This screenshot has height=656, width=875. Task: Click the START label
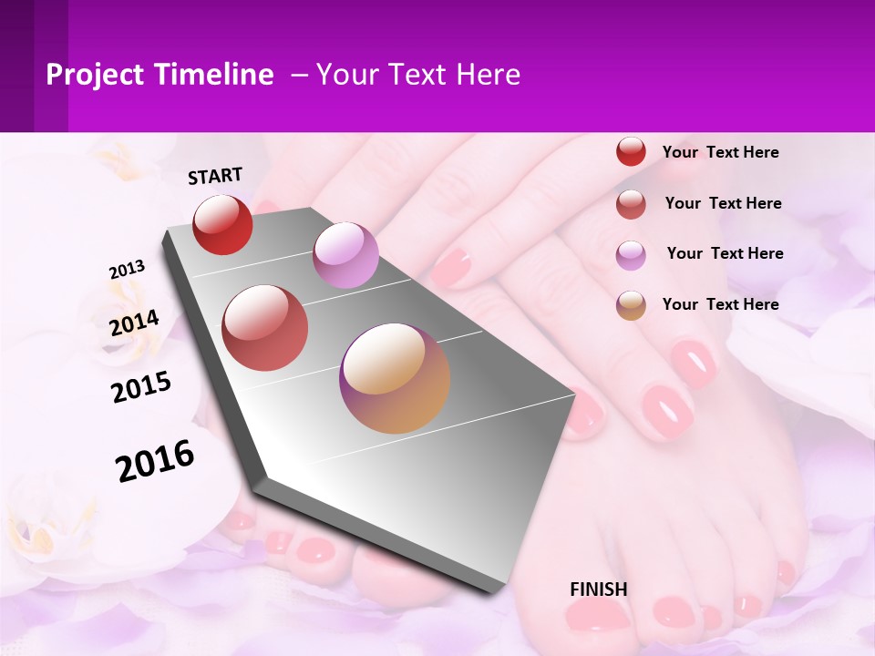click(215, 176)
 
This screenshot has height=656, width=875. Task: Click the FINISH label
click(599, 589)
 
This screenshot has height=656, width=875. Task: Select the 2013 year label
click(127, 270)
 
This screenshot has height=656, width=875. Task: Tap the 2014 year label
click(134, 323)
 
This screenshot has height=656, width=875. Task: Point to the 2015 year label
click(141, 386)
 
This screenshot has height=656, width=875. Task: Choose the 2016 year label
click(155, 461)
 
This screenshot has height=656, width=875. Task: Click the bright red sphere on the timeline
click(222, 224)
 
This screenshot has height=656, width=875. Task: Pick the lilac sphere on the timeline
click(345, 255)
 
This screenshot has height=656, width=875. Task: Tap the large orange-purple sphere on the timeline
click(395, 377)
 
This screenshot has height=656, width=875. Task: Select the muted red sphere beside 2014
click(265, 328)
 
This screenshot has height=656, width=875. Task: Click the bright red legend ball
click(631, 151)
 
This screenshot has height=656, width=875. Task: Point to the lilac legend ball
click(631, 255)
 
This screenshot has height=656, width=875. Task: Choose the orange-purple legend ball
click(631, 305)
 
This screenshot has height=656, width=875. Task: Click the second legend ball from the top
click(631, 204)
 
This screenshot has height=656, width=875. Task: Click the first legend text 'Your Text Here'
click(720, 152)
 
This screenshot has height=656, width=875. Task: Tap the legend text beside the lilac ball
click(725, 253)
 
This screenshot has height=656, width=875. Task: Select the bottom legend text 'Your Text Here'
click(720, 304)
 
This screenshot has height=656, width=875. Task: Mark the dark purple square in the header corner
click(34, 66)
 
